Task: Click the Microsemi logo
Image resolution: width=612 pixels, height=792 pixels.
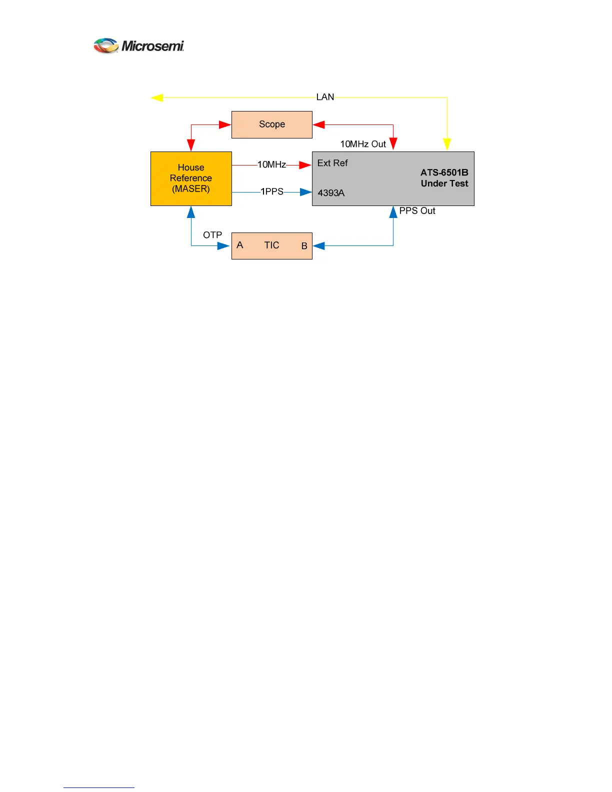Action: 139,46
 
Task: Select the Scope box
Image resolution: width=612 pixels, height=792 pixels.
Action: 271,124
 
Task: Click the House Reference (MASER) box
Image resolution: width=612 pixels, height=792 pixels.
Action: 191,178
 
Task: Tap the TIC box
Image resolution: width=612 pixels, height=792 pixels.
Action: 271,245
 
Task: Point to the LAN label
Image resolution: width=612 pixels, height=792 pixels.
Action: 325,97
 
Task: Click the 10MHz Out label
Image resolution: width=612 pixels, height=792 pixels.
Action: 363,144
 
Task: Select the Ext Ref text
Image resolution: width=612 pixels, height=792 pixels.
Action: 332,163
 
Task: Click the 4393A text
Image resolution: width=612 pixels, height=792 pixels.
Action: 331,193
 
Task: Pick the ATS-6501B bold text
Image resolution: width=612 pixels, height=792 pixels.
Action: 444,172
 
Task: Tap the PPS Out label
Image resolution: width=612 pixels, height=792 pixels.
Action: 417,211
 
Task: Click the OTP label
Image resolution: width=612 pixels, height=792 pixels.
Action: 212,235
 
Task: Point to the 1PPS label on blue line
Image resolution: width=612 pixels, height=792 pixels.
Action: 272,191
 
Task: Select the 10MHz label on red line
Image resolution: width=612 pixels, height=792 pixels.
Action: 271,164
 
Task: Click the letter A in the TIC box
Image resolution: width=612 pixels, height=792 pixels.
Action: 240,245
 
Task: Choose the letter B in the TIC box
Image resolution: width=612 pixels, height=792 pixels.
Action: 304,246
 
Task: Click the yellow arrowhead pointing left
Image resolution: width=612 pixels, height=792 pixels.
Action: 157,97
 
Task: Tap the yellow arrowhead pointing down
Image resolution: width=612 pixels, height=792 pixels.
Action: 447,144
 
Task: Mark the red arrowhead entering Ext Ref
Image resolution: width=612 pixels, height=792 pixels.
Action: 305,164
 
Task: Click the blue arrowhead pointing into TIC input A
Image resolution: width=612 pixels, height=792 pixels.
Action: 223,245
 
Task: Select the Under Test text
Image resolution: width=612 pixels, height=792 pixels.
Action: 444,183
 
